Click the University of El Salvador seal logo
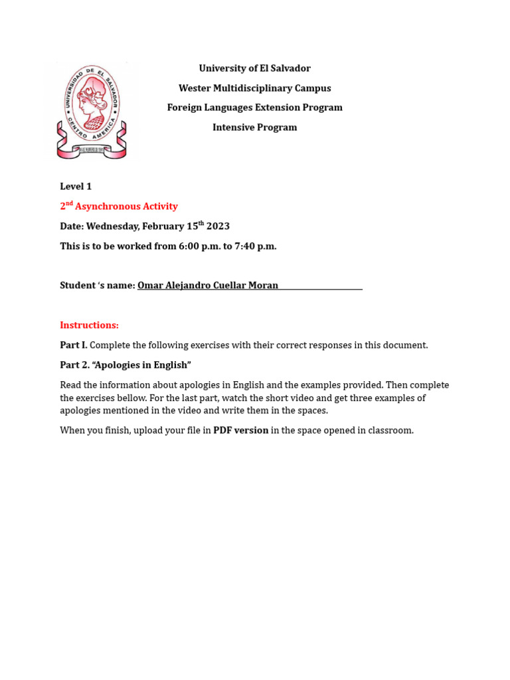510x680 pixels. click(92, 111)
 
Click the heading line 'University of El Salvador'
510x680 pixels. click(254, 68)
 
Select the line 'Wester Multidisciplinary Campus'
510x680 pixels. click(254, 88)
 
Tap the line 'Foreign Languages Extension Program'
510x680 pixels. click(254, 108)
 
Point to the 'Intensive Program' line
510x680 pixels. click(254, 127)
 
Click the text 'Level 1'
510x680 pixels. click(76, 187)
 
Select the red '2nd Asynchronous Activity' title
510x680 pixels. click(119, 207)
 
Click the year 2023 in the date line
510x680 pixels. click(218, 226)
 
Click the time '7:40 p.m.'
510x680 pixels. click(256, 246)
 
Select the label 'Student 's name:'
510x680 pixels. click(98, 286)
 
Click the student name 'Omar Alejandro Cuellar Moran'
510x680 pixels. click(208, 286)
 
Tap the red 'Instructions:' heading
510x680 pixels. click(89, 325)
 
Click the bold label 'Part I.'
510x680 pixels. click(74, 345)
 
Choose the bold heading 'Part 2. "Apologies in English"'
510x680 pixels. click(126, 365)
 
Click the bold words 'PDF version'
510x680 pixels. click(240, 430)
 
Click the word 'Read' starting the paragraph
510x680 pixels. click(70, 385)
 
